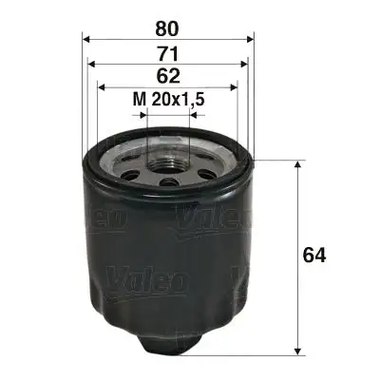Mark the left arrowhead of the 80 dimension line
pos(88,39)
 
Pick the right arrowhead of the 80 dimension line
pos(250,39)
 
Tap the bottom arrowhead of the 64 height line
pos(299,348)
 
